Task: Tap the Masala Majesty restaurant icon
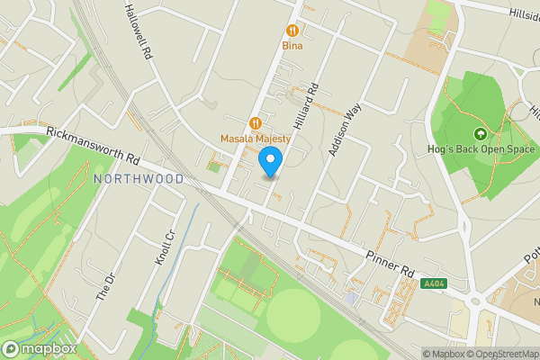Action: (x=256, y=122)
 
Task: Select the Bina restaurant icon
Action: (x=292, y=29)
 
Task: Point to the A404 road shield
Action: (x=433, y=283)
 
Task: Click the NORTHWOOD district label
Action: (x=139, y=179)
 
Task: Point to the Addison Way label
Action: (x=345, y=130)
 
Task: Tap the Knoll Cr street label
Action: (x=164, y=247)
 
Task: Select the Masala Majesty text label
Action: (x=256, y=139)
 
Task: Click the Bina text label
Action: (x=292, y=45)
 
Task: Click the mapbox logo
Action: (x=39, y=348)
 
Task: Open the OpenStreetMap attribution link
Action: (x=501, y=354)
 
